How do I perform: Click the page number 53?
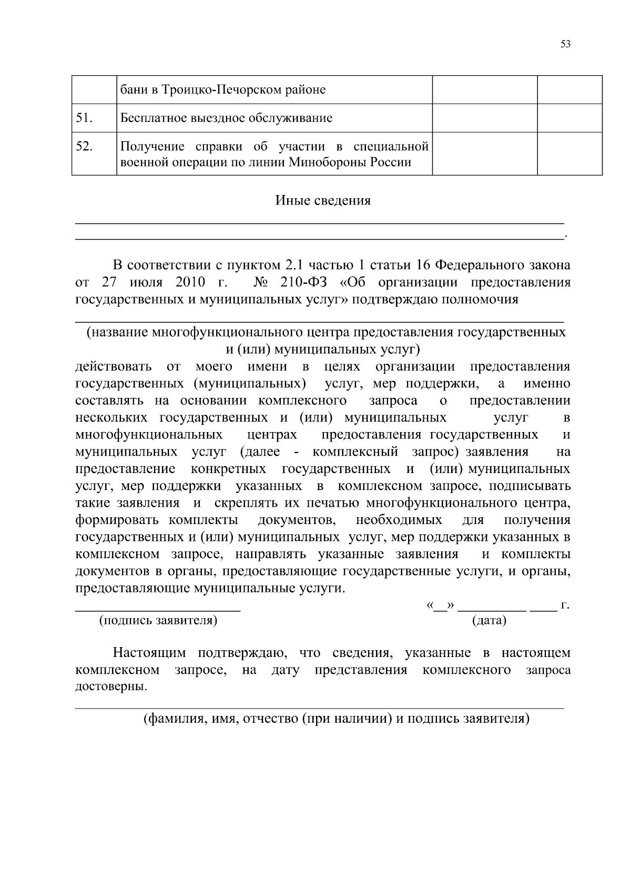(x=565, y=44)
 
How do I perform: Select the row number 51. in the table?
(x=85, y=118)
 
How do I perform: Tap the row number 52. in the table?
(x=85, y=147)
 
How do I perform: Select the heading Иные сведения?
(x=323, y=200)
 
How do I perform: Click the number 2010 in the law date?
(x=190, y=282)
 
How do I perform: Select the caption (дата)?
(x=489, y=620)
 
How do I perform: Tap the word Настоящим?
(x=150, y=653)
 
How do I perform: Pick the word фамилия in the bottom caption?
(x=169, y=719)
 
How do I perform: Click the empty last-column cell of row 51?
(x=569, y=118)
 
